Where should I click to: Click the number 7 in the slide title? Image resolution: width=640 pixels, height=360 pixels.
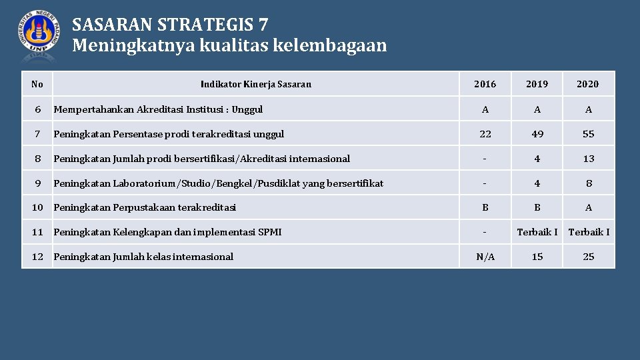pyautogui.click(x=263, y=25)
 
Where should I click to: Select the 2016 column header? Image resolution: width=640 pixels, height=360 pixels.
pyautogui.click(x=485, y=84)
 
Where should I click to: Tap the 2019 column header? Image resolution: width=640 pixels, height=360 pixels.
pyautogui.click(x=537, y=84)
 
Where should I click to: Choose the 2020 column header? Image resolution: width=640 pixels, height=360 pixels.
pyautogui.click(x=587, y=84)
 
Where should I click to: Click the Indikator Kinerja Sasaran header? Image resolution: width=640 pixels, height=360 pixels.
pyautogui.click(x=256, y=84)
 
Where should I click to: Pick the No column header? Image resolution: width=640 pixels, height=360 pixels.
pyautogui.click(x=37, y=84)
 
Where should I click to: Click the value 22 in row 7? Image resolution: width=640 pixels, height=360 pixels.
pyautogui.click(x=485, y=134)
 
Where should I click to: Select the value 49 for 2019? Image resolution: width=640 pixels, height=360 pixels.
pyautogui.click(x=537, y=134)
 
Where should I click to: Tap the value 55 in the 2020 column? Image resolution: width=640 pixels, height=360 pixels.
pyautogui.click(x=588, y=134)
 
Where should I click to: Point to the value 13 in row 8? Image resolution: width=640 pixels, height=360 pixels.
pyautogui.click(x=588, y=159)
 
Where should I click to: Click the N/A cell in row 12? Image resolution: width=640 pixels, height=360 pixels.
pyautogui.click(x=485, y=257)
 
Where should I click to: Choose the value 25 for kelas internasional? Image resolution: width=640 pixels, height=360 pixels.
pyautogui.click(x=588, y=257)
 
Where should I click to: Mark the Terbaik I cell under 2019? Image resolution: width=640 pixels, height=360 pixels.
pyautogui.click(x=537, y=232)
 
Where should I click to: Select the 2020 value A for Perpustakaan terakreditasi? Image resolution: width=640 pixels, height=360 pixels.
pyautogui.click(x=588, y=207)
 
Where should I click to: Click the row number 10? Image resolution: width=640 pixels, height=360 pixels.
pyautogui.click(x=37, y=207)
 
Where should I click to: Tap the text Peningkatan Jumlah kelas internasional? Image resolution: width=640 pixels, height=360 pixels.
pyautogui.click(x=143, y=257)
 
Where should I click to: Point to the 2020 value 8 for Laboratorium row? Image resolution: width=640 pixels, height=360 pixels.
pyautogui.click(x=588, y=183)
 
